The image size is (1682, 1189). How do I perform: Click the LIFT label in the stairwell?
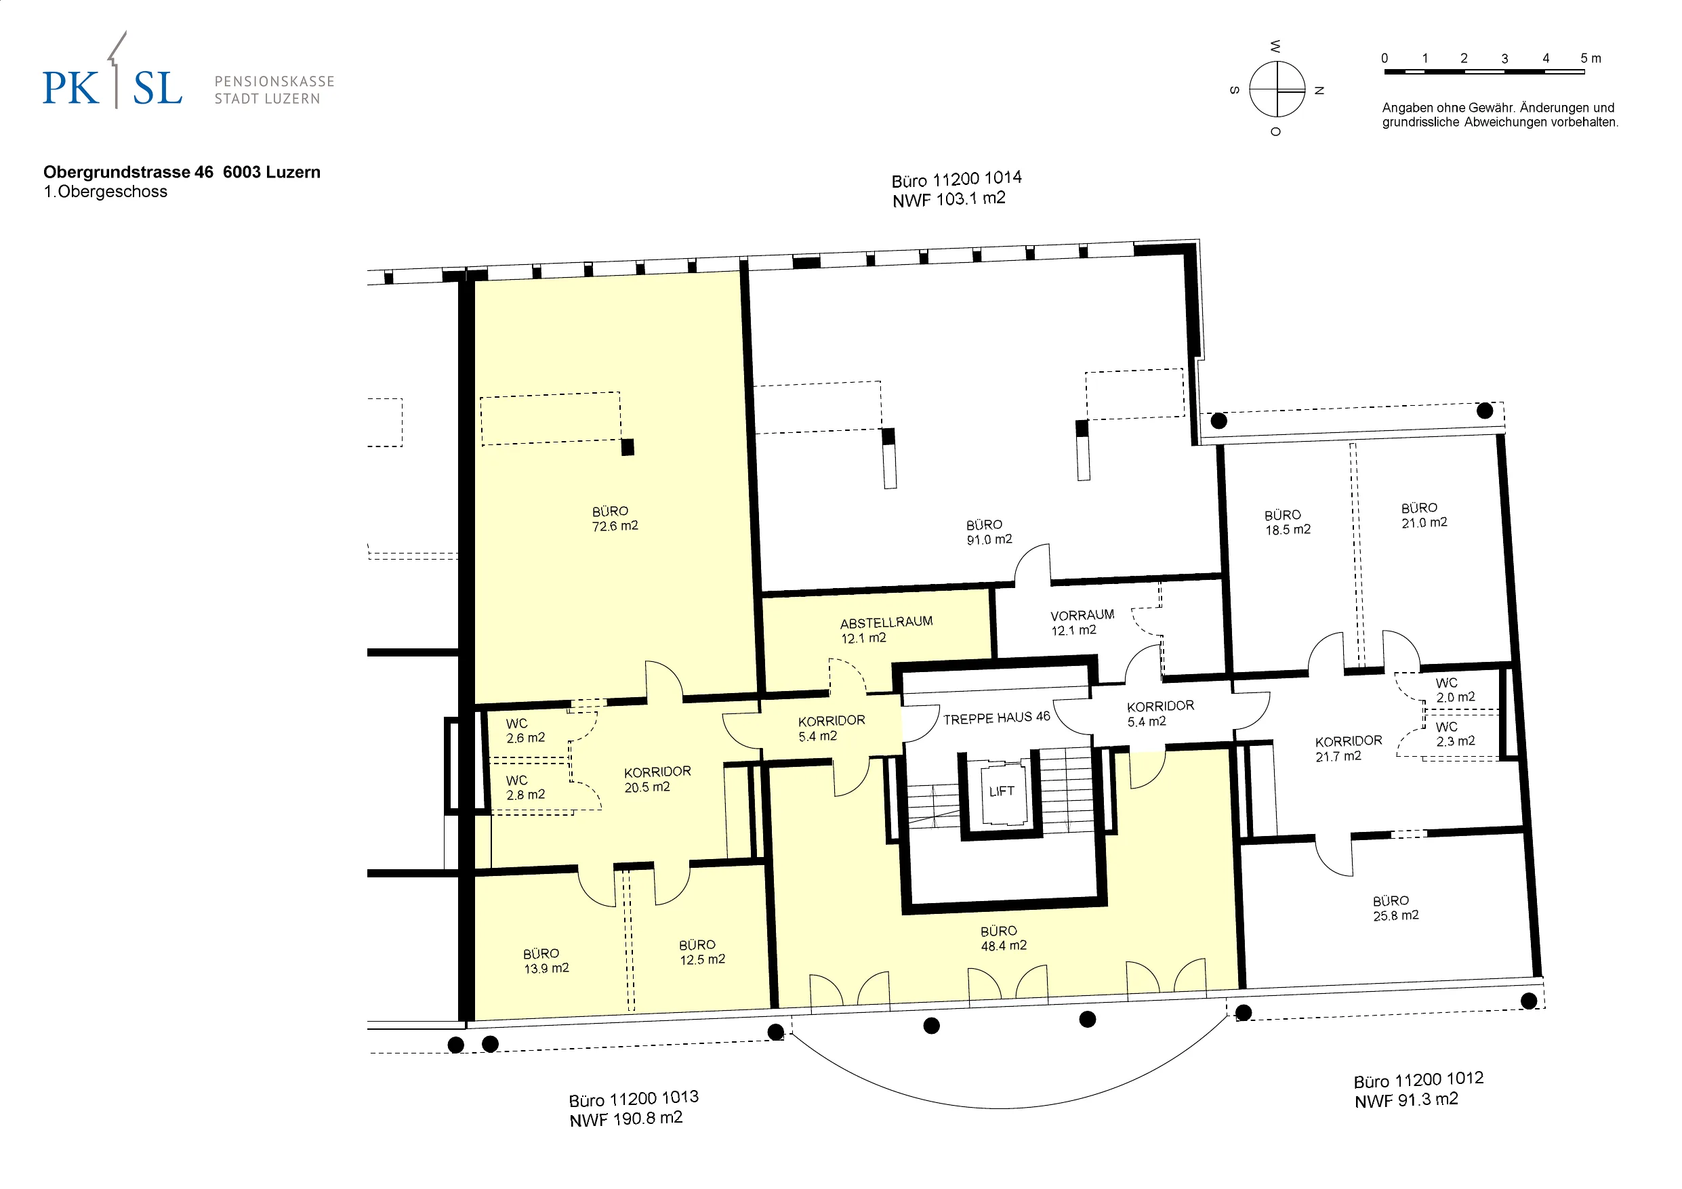click(x=1002, y=791)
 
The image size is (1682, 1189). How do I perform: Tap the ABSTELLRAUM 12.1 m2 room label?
click(x=886, y=630)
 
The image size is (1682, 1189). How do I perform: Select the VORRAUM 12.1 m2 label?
click(x=1082, y=622)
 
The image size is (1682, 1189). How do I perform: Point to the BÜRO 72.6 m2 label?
click(x=615, y=519)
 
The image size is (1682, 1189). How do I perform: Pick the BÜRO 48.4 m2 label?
click(x=1003, y=938)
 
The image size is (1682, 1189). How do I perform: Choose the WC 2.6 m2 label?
click(x=525, y=731)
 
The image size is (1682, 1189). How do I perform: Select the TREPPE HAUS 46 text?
click(x=996, y=718)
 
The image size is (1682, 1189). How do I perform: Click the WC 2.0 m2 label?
click(x=1455, y=690)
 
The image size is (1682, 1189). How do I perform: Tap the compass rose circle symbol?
click(x=1277, y=89)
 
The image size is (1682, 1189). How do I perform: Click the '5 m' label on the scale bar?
click(x=1591, y=58)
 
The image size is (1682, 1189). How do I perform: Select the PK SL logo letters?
click(x=112, y=88)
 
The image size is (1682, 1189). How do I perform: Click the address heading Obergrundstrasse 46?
click(x=128, y=172)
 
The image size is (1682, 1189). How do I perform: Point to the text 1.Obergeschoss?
click(x=106, y=192)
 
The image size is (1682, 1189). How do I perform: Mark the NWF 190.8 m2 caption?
click(x=626, y=1119)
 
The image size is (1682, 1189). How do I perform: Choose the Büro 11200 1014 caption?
click(x=957, y=179)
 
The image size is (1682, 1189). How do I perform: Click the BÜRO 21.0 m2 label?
click(x=1424, y=515)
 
